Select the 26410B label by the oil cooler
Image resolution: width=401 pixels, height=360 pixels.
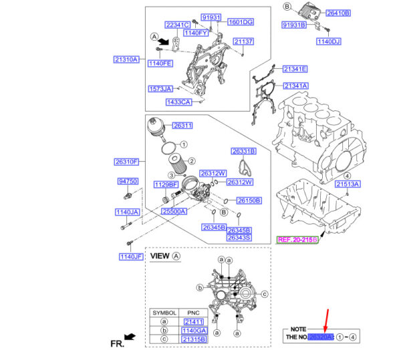[x=337, y=12]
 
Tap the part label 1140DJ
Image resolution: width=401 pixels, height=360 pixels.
[x=329, y=41]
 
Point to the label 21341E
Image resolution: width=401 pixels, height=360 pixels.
[x=295, y=69]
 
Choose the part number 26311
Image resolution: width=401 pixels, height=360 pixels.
[x=182, y=125]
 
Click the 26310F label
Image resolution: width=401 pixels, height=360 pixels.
[x=126, y=162]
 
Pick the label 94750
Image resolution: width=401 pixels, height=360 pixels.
[x=128, y=181]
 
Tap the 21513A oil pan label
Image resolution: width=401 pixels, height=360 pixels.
[x=348, y=183]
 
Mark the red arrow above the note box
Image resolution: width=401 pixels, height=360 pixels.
[x=325, y=318]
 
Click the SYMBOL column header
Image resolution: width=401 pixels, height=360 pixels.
[x=165, y=312]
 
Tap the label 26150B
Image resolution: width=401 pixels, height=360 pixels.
[x=248, y=201]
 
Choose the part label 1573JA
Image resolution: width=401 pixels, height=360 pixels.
[x=160, y=88]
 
